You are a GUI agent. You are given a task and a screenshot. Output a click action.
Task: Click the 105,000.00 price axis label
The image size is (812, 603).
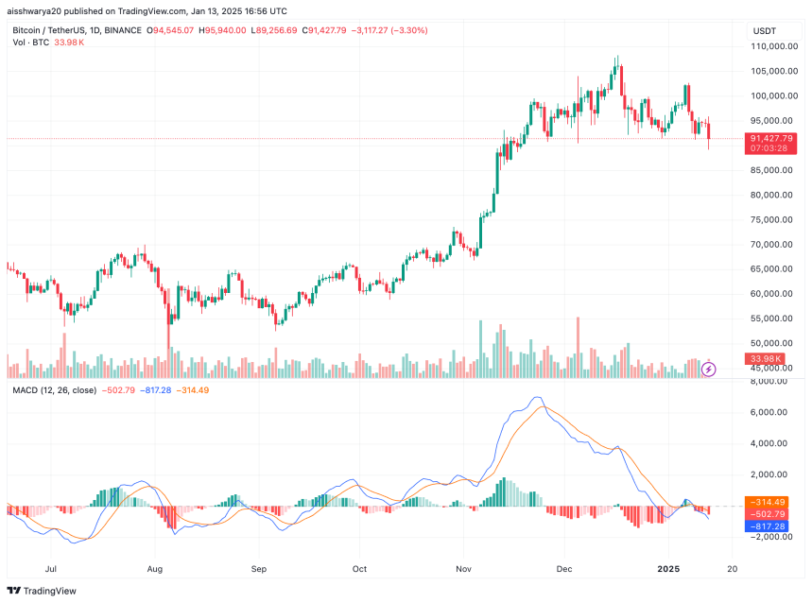770,71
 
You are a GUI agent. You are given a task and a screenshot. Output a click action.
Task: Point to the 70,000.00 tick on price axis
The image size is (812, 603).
770,244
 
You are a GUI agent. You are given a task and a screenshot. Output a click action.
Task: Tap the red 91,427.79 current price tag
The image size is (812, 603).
771,138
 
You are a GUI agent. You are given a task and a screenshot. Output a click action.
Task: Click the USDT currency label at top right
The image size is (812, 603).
764,31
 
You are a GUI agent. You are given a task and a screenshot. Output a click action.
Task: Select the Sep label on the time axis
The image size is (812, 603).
260,570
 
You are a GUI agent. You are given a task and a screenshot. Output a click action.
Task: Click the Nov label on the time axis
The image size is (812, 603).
462,570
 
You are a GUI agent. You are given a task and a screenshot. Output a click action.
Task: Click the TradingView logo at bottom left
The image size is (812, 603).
43,591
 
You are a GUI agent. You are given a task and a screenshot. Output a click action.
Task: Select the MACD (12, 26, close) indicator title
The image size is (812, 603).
56,390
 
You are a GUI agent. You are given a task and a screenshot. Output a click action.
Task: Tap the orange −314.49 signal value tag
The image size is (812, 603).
771,502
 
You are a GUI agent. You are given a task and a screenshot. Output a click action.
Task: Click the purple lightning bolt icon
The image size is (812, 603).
708,369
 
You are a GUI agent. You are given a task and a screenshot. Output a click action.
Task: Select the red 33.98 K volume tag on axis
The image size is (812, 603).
766,359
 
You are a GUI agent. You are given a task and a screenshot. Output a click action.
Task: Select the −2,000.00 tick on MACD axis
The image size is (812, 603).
769,536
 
